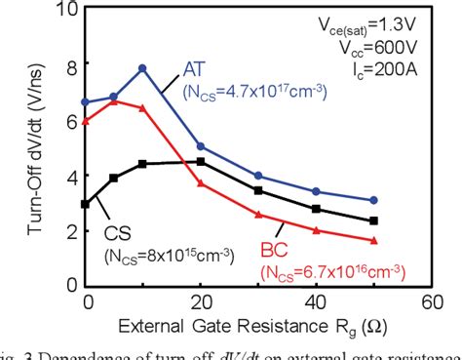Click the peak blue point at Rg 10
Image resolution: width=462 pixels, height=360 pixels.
pos(142,68)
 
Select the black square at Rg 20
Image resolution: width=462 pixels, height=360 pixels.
pos(201,162)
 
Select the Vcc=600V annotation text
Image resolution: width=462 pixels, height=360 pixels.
pos(411,45)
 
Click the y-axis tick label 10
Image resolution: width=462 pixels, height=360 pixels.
pos(67,12)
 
